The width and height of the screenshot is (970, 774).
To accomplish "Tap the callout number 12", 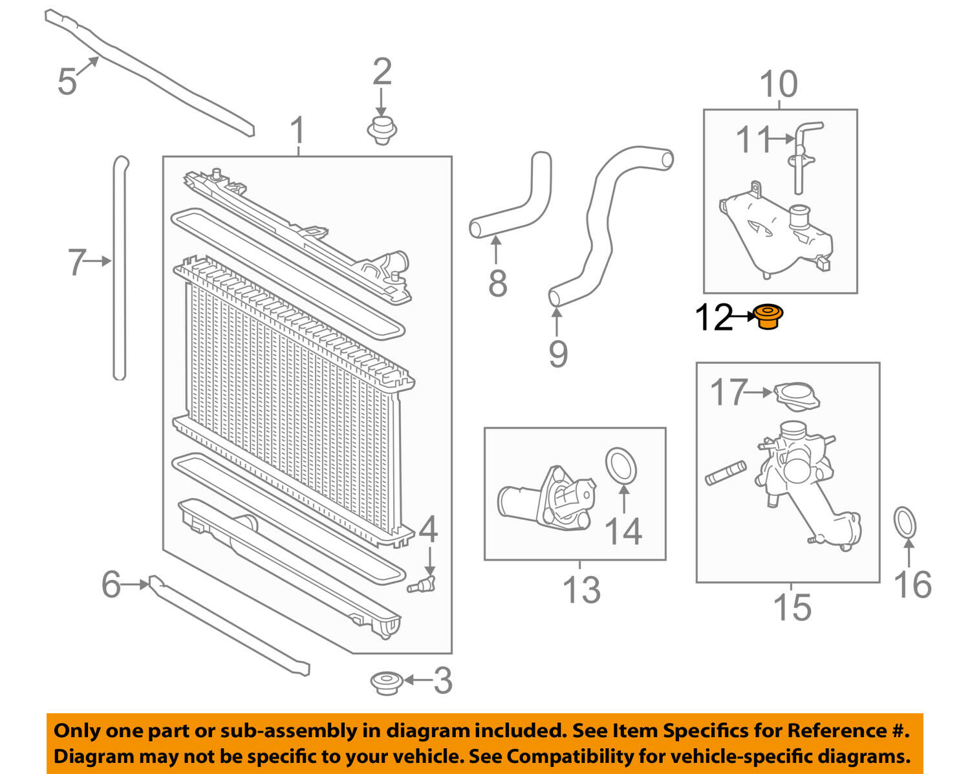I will tap(713, 317).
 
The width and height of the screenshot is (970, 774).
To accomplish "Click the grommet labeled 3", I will tap(386, 683).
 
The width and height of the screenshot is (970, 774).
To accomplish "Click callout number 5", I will tap(67, 81).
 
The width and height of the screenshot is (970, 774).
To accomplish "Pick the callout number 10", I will tap(779, 85).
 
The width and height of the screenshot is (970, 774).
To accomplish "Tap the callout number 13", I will tap(581, 590).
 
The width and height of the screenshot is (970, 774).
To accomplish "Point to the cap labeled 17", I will tap(797, 396).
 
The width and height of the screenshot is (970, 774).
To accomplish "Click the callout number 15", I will tap(792, 607).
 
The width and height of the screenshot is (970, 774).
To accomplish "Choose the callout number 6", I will tap(111, 585).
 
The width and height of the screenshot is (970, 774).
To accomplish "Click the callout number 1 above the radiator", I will tap(297, 131).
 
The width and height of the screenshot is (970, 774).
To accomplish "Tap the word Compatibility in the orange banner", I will tap(551, 756).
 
